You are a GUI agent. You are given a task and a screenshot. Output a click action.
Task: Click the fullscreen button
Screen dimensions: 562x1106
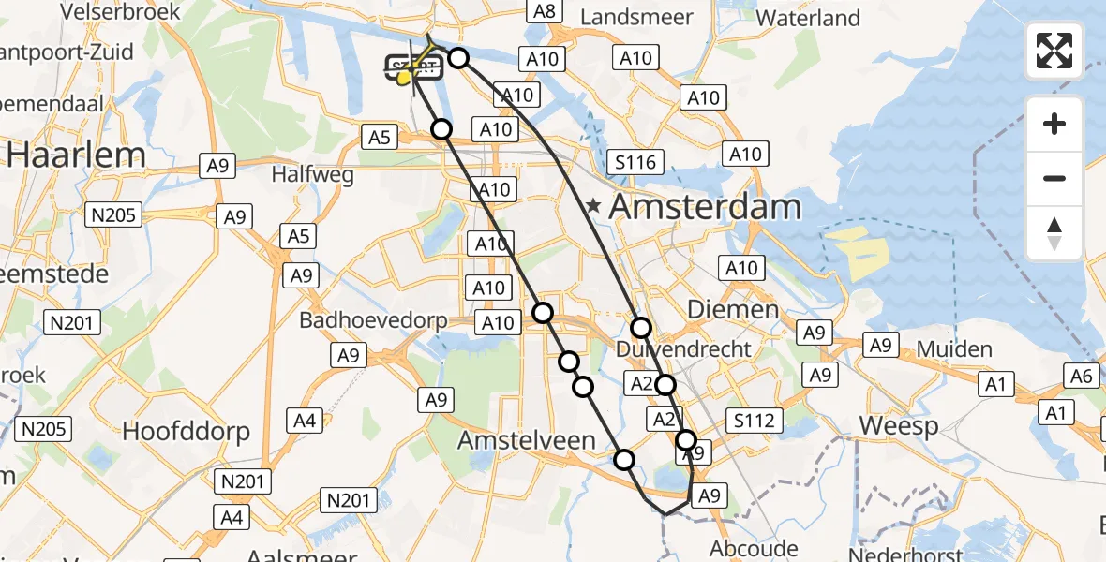click(1054, 50)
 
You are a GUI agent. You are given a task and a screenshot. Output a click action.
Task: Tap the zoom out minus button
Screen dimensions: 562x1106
click(1054, 178)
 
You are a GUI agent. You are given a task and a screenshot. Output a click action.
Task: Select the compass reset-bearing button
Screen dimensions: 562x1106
click(1054, 233)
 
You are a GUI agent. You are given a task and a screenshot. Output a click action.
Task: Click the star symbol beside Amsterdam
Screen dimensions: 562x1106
click(593, 205)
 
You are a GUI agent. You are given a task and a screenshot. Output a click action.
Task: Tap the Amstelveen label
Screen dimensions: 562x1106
click(526, 440)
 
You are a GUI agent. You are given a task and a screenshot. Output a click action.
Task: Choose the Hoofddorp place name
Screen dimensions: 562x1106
click(187, 431)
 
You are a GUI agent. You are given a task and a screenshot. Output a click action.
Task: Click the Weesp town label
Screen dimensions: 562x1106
click(899, 426)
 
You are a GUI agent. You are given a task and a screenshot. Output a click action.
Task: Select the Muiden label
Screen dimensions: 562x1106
click(954, 350)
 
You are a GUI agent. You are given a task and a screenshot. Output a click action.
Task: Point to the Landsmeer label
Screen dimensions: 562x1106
click(636, 18)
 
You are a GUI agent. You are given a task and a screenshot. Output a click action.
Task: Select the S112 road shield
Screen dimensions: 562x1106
click(755, 421)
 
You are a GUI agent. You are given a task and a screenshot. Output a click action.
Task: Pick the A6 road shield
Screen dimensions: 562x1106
click(1083, 376)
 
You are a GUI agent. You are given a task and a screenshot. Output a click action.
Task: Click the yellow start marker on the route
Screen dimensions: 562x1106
click(405, 79)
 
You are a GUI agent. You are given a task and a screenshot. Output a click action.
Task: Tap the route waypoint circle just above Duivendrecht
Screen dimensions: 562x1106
click(641, 327)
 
